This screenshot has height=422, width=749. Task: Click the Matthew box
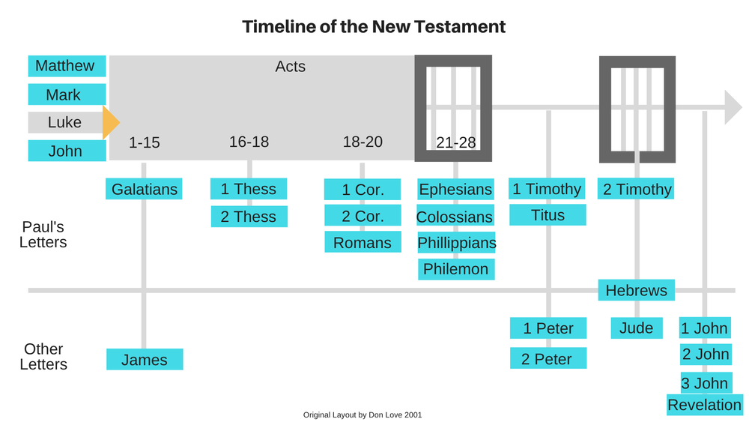click(x=66, y=66)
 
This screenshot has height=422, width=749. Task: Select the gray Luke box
click(x=64, y=122)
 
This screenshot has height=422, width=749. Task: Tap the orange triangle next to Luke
click(x=109, y=123)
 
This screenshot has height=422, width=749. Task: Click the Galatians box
click(x=144, y=189)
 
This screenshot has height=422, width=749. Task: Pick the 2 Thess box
click(x=249, y=217)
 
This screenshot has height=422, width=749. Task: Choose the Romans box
click(x=362, y=242)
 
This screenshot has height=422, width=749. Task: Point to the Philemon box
click(x=455, y=269)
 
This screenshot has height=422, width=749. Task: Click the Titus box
click(x=548, y=215)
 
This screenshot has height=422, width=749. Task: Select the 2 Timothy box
click(x=637, y=189)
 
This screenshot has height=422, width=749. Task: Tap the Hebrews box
click(x=637, y=290)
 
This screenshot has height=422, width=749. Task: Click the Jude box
click(x=637, y=328)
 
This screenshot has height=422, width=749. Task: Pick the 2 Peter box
click(x=548, y=358)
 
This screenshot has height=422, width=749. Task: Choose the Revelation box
click(x=704, y=405)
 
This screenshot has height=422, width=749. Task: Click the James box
click(x=144, y=360)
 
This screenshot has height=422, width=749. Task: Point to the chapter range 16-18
click(x=249, y=142)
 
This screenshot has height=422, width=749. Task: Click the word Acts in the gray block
click(x=291, y=67)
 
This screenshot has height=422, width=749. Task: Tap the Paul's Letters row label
click(x=43, y=234)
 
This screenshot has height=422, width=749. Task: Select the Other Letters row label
click(x=43, y=357)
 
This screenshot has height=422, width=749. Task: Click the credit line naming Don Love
click(x=368, y=415)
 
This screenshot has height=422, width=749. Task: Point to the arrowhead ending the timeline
click(x=733, y=106)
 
